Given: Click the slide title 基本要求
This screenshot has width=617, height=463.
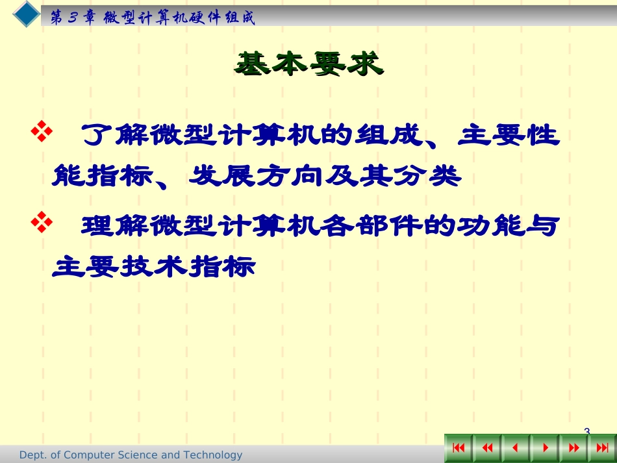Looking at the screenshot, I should pos(308,64).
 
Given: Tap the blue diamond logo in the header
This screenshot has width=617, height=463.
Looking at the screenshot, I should pos(27,14).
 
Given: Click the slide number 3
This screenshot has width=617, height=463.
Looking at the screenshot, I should pos(587,431).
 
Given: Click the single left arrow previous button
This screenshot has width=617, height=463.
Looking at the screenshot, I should pos(516,448).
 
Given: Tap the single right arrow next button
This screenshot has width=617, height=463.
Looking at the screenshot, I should pos(544,448).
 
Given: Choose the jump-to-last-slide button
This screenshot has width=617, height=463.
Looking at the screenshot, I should pos(601,448).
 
